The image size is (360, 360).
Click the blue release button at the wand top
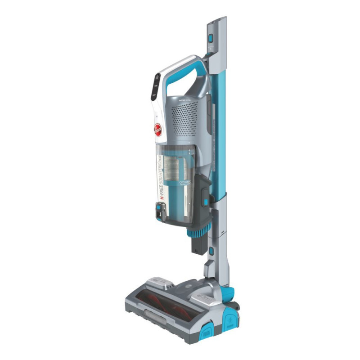coord(210,38)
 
